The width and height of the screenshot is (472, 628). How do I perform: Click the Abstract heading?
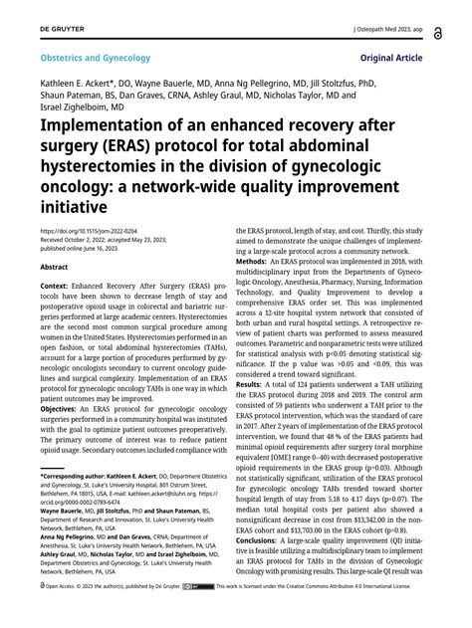(54, 267)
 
